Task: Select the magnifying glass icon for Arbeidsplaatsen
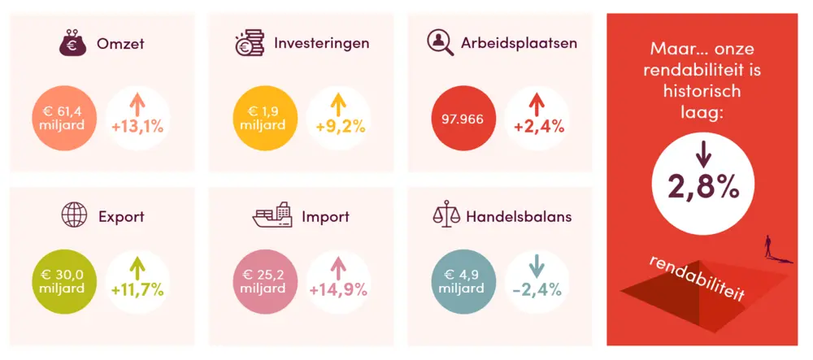coord(441,43)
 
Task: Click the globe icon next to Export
coord(75,216)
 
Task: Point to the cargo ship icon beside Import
coord(272,216)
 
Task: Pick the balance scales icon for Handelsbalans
coord(446,216)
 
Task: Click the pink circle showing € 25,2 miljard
coord(263,280)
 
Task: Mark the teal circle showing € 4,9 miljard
coord(462,280)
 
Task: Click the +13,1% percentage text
coord(138,128)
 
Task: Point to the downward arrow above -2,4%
coord(535,266)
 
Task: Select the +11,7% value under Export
coord(138,288)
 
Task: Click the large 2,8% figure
coord(703,188)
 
